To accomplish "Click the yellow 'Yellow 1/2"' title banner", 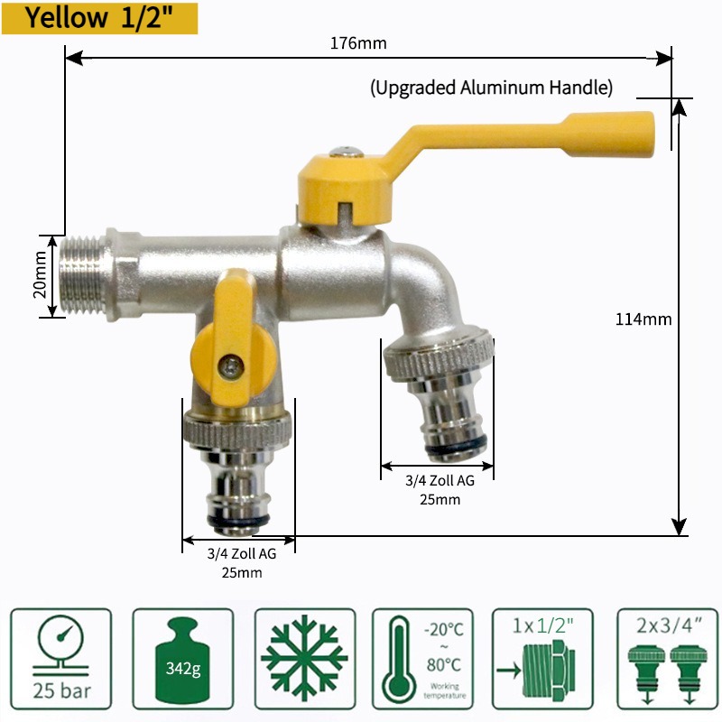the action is coord(99,18).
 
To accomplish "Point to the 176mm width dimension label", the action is coord(358,43).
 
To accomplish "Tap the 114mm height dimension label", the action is coord(643,319).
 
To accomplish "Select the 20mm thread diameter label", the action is coord(40,275).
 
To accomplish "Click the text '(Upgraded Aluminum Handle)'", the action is coord(491,88).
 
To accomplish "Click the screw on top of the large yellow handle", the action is coord(347,152).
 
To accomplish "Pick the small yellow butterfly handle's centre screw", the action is coord(231,367).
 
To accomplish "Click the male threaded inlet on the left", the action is coord(83,276).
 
